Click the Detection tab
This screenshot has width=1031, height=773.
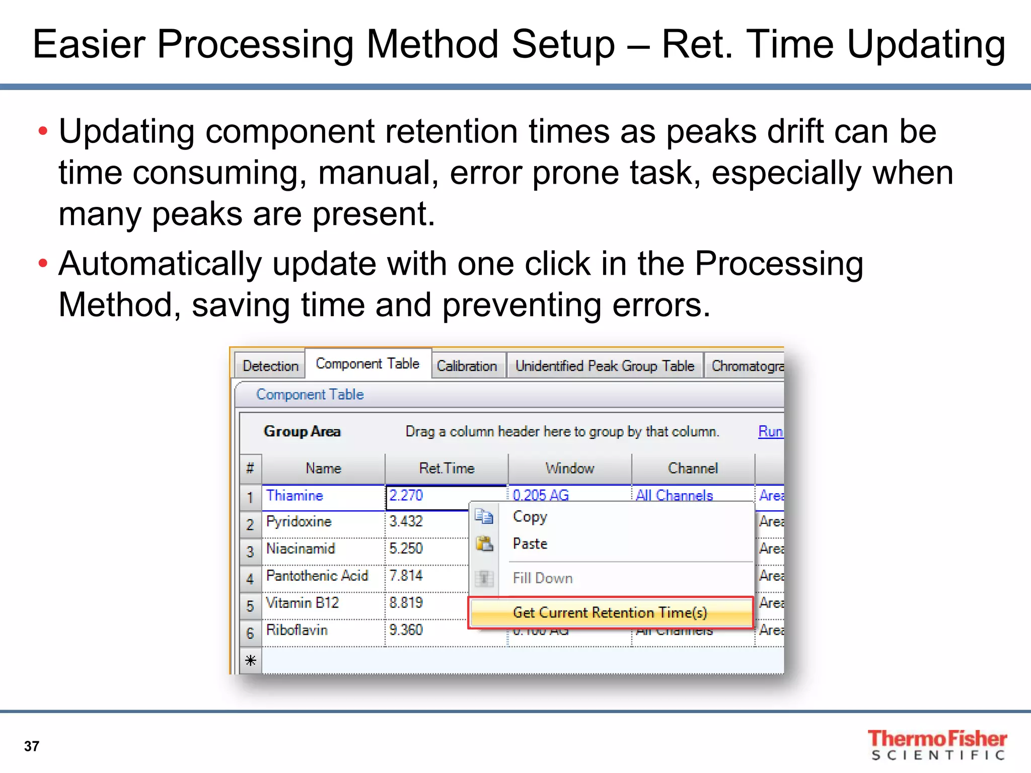270,366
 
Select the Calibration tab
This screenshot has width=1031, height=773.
467,366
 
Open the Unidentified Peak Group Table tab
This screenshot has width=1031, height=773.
605,366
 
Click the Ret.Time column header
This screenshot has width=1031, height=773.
447,469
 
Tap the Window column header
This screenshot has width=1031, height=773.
570,469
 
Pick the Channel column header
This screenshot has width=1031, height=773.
693,469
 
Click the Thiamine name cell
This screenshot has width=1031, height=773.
294,496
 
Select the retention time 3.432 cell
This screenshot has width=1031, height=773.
406,521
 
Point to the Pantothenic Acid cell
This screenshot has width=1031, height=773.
317,576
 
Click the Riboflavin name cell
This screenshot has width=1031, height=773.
297,630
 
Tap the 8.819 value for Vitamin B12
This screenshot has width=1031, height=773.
406,603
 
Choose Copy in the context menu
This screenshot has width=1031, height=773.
530,517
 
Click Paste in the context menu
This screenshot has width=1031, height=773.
530,544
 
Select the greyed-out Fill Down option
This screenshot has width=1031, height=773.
543,578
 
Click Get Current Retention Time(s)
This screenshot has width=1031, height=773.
610,612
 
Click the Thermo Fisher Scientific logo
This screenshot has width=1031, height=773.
937,744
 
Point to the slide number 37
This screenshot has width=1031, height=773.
32,746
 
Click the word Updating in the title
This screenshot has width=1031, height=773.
926,44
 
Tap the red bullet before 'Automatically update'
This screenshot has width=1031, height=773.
43,263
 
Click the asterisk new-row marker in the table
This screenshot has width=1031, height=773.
251,660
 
